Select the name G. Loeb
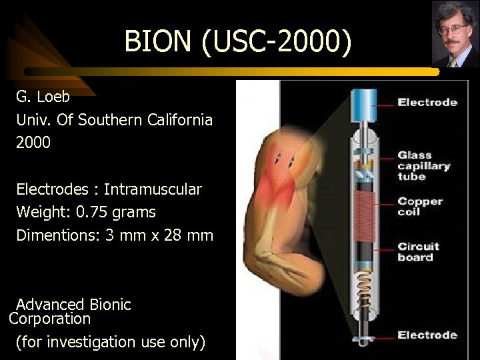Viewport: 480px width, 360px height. pos(43,97)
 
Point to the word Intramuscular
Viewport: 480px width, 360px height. pos(157,189)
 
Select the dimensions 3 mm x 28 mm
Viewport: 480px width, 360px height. pos(159,235)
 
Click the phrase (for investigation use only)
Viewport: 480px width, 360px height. pos(110,342)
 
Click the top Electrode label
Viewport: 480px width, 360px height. pos(427,102)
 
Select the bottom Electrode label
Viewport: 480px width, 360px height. pos(427,335)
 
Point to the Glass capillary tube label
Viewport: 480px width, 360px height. pos(424,165)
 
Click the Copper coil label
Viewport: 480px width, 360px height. pos(421,206)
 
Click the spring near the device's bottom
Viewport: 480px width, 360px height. pos(365,287)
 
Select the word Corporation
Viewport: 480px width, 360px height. pos(50,319)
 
